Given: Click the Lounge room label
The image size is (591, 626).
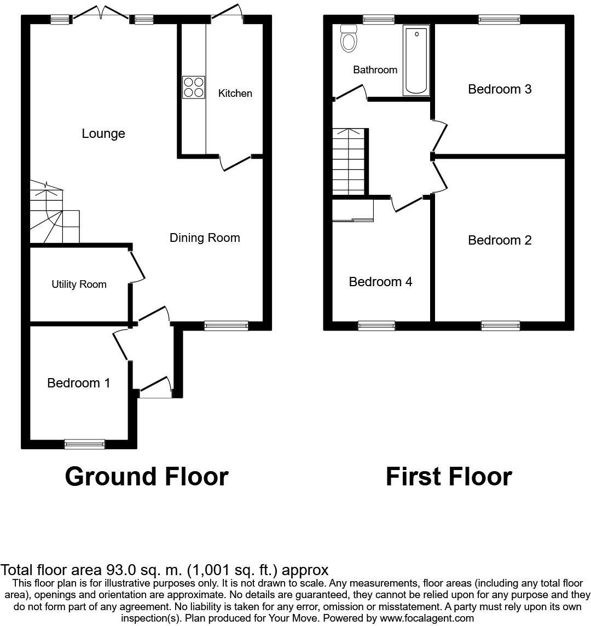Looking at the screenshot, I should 103,134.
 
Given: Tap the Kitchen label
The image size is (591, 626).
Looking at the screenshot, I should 235,93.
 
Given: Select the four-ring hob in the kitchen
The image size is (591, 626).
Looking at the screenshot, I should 194,87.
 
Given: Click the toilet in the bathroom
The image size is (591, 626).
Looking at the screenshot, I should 348,38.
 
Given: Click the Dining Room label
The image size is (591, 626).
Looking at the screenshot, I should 205,237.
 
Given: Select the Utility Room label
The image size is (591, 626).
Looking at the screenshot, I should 79,285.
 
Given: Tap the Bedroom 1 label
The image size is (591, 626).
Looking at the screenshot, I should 79,383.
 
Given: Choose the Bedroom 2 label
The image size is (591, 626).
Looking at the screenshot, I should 500,240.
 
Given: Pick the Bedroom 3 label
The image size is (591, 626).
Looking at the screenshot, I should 500,89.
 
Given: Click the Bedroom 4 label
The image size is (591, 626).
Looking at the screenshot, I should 380,282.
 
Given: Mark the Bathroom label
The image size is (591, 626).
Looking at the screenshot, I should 375,70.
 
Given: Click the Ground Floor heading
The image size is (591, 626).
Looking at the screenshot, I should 146,477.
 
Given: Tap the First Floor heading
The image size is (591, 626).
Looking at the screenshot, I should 449,477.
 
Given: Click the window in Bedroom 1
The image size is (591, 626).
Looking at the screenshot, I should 84,444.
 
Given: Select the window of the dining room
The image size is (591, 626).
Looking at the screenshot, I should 226,326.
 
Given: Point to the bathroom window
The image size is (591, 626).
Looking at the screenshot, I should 378,20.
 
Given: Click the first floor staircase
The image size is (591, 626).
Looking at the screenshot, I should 349,161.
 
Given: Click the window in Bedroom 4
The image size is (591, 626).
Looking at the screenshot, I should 376,326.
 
